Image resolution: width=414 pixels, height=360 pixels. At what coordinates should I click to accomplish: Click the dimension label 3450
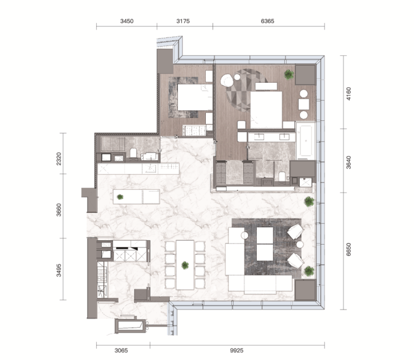click(127, 21)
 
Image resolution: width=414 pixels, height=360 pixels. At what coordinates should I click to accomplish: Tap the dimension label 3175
click(183, 21)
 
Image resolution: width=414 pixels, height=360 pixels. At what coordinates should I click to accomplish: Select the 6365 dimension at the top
click(267, 21)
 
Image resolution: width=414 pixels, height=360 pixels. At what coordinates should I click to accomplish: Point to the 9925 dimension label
click(237, 350)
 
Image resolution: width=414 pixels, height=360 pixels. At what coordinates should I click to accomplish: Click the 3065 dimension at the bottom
click(121, 350)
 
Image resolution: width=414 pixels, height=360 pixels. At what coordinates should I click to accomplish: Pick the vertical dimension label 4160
click(349, 93)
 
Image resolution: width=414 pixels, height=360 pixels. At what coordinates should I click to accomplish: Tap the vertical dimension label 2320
click(59, 158)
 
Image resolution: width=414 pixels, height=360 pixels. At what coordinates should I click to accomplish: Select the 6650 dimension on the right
click(349, 249)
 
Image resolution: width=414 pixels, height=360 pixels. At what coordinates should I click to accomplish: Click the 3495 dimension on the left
click(59, 270)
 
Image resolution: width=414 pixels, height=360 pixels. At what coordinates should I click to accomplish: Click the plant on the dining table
click(185, 265)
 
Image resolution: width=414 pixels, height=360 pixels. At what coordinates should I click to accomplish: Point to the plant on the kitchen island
click(120, 197)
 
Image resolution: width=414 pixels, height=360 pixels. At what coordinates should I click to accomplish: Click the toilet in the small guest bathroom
click(133, 153)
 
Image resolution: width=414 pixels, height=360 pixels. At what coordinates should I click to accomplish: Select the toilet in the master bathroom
click(283, 176)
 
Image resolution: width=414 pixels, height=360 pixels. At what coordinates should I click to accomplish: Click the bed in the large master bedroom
click(266, 110)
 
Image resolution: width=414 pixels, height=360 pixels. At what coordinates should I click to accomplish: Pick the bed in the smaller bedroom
click(195, 97)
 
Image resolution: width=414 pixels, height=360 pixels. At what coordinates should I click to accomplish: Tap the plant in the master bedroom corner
click(289, 74)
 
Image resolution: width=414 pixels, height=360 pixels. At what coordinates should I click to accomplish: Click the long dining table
click(185, 265)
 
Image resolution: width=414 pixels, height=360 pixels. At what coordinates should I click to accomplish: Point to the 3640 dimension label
click(349, 162)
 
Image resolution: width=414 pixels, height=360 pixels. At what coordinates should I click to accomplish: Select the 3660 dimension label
click(59, 209)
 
